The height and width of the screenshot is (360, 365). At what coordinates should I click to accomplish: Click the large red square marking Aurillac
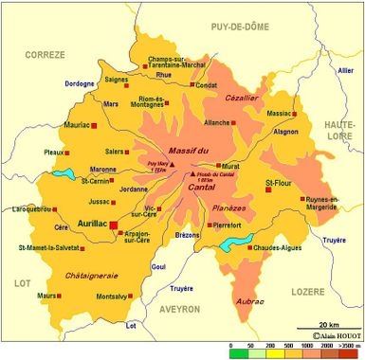click(x=115, y=225)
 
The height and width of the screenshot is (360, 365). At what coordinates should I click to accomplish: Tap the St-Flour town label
click(x=280, y=181)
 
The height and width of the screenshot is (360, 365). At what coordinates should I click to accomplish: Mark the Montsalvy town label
click(x=114, y=297)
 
